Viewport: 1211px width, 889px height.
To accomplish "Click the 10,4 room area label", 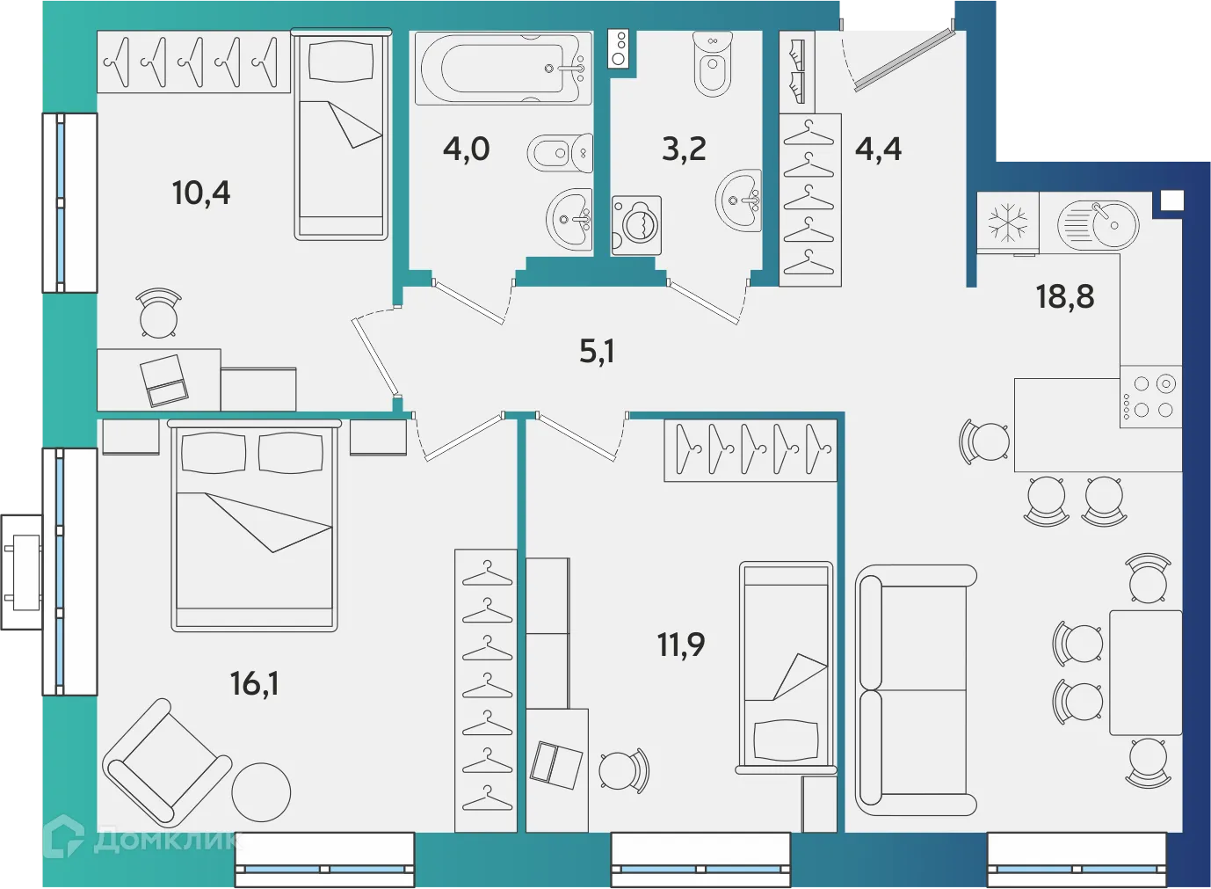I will [201, 193].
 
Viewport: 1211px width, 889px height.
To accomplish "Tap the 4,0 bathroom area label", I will [466, 149].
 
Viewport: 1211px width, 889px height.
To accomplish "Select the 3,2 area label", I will [684, 149].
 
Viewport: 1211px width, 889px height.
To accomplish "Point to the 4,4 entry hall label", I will [878, 149].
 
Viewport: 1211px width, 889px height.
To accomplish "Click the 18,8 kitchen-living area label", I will [1064, 297].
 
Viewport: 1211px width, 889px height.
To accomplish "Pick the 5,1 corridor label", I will [597, 352].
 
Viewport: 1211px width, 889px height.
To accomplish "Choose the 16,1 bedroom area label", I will [254, 683].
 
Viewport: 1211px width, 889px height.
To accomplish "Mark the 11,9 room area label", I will [681, 645].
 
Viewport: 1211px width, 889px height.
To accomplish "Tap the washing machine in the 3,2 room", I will [636, 225].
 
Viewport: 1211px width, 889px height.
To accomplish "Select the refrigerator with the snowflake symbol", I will [1007, 222].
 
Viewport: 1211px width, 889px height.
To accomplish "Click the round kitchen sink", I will [1099, 224].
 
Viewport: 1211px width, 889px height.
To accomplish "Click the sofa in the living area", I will [916, 690].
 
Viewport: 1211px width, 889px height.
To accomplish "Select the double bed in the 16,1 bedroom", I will [254, 528].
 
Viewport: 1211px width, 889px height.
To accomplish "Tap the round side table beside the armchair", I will [261, 792].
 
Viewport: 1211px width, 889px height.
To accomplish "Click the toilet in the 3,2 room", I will [712, 66].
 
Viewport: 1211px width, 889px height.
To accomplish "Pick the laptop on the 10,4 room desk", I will [165, 380].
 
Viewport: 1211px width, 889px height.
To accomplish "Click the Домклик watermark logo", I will [141, 838].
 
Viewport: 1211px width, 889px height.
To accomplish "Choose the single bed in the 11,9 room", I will [786, 667].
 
